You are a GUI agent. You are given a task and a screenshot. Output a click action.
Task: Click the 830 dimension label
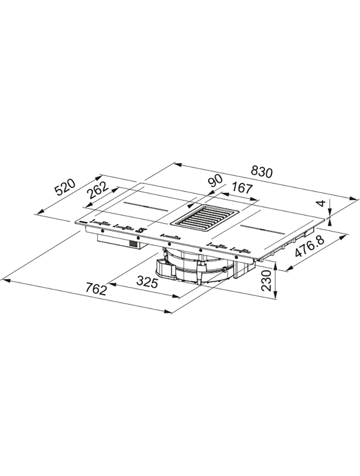click(262, 172)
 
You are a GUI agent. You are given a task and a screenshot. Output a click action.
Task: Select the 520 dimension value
click(64, 188)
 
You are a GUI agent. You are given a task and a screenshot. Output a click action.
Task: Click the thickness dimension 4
click(323, 203)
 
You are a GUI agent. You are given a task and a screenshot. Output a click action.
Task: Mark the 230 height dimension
click(266, 280)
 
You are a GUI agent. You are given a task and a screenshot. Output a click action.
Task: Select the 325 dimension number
click(147, 282)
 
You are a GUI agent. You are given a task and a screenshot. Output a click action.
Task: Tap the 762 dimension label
click(95, 289)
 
